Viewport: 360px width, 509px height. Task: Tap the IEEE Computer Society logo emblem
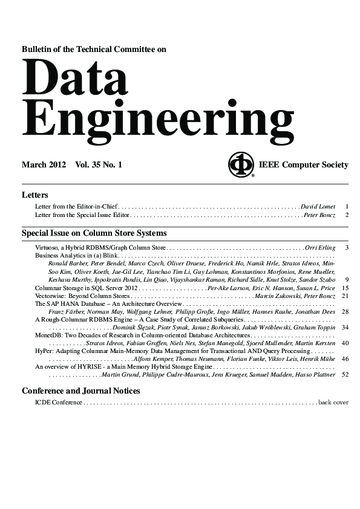(241, 164)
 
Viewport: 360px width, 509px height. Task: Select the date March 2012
(45, 164)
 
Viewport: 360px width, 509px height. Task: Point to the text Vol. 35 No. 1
(99, 164)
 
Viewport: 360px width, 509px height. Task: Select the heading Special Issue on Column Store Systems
(94, 233)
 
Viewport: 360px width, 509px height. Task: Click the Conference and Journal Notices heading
(81, 391)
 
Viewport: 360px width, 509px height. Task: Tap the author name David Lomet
(318, 207)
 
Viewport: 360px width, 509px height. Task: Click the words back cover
(333, 402)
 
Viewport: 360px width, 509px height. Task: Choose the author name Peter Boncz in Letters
(319, 215)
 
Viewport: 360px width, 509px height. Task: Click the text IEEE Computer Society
(303, 164)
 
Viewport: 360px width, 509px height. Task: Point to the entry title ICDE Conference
(59, 402)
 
